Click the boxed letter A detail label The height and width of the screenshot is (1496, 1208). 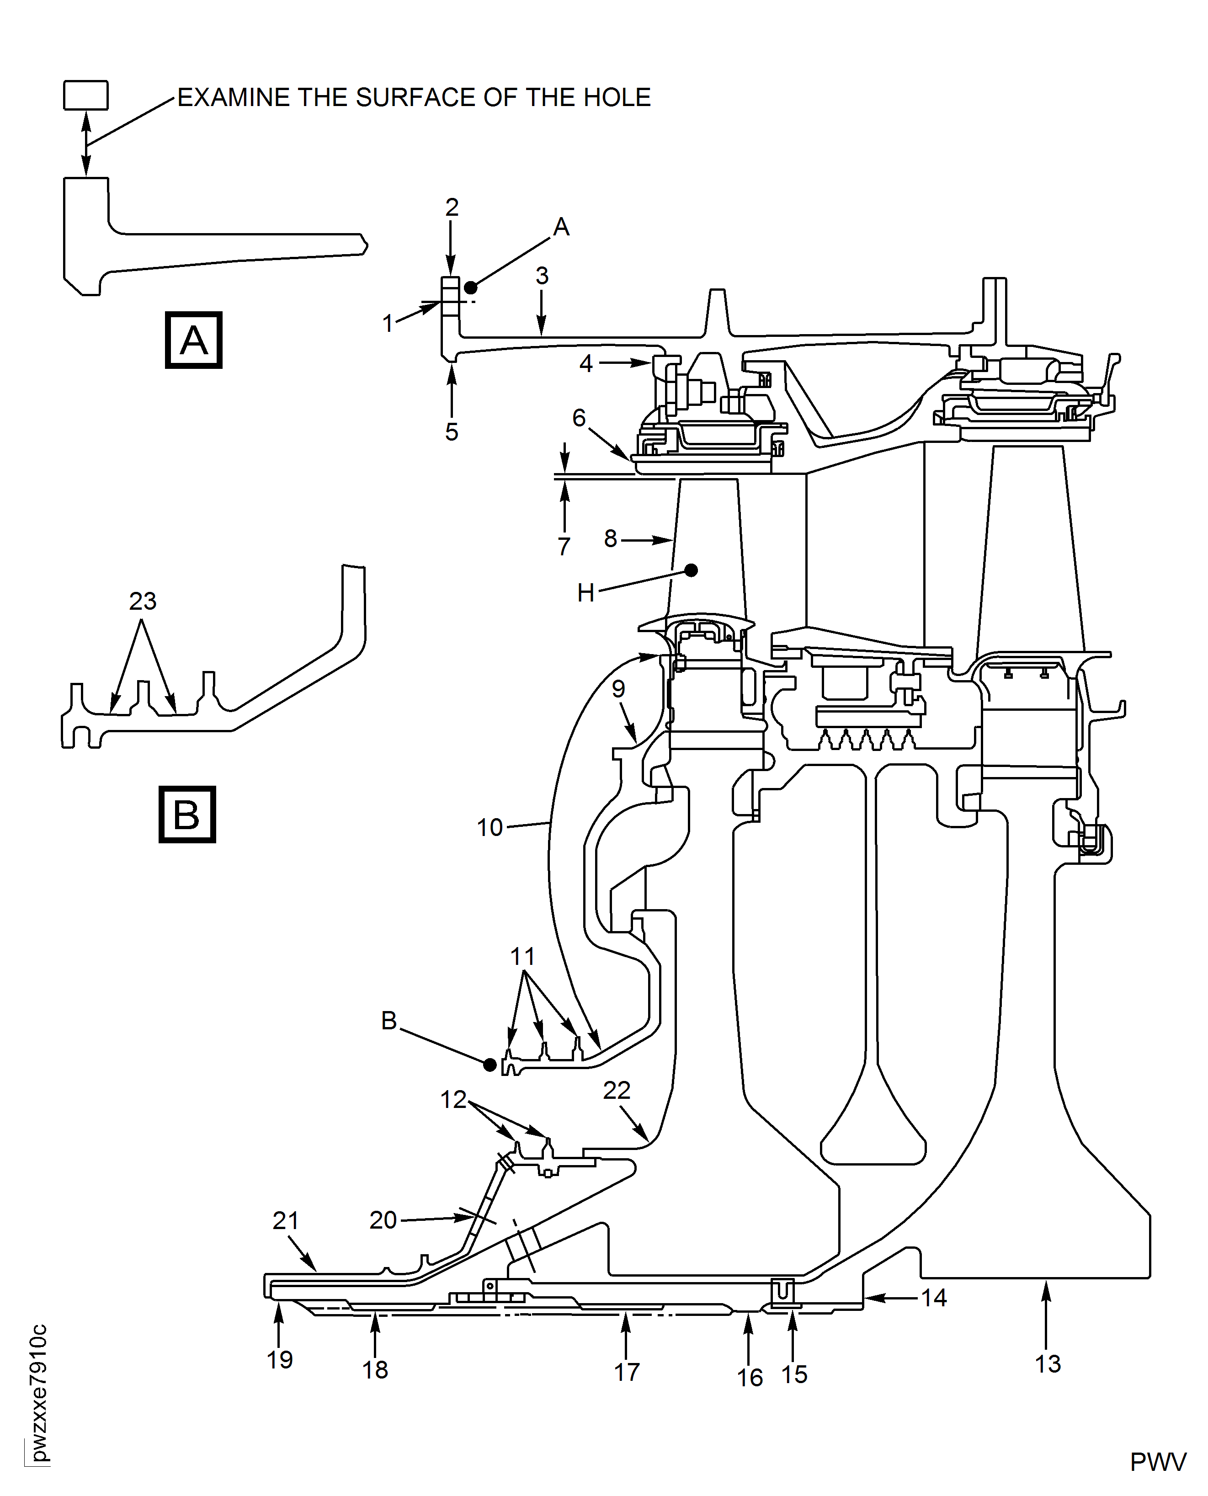click(193, 340)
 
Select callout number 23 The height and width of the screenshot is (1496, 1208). click(143, 601)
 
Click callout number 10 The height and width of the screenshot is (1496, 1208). click(489, 827)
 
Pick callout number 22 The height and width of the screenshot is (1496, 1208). click(617, 1090)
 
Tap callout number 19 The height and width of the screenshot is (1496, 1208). click(280, 1360)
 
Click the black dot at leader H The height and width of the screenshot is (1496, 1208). click(691, 570)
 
